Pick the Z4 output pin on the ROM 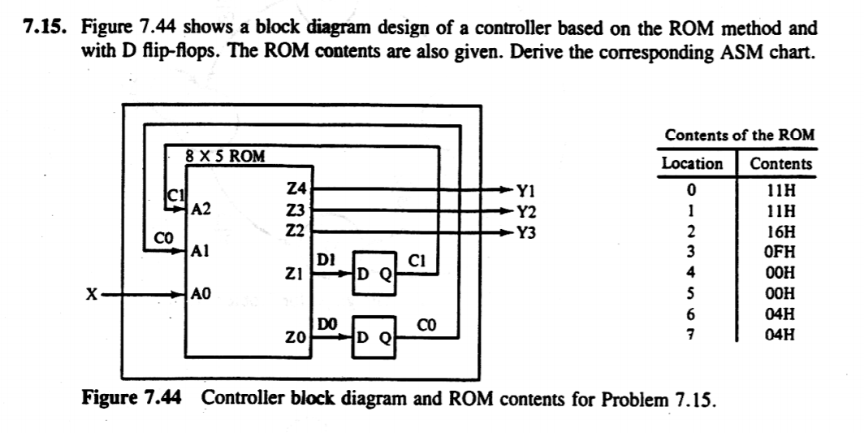coord(297,188)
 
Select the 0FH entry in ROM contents coord(780,249)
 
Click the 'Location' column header coord(693,163)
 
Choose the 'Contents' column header coord(780,163)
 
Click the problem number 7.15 coord(43,28)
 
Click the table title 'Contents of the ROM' coord(739,136)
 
